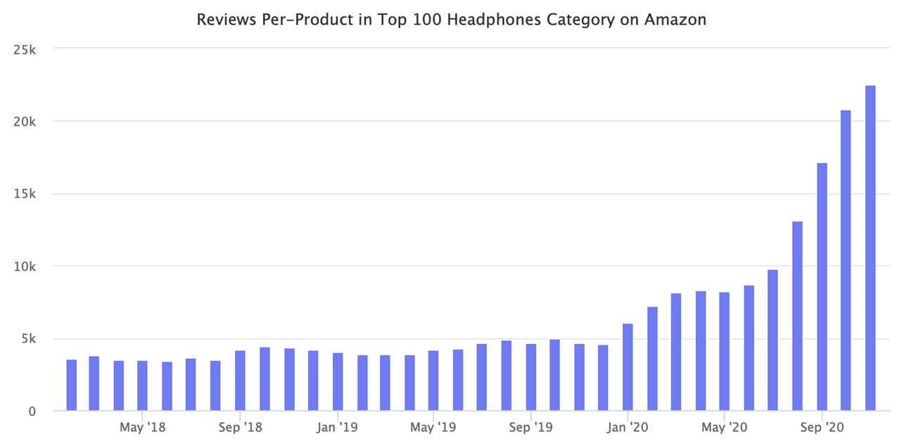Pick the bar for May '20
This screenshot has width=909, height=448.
click(725, 351)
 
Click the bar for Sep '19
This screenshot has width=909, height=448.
click(530, 377)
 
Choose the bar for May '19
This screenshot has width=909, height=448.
click(433, 380)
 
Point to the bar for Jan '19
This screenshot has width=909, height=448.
click(338, 382)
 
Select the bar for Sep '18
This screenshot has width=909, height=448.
click(240, 380)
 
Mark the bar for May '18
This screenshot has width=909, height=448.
click(142, 385)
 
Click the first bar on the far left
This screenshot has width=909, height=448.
click(71, 385)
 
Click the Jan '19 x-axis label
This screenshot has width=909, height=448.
click(336, 427)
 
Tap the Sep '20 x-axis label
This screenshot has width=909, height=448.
click(821, 427)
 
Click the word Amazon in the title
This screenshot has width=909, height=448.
click(675, 20)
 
